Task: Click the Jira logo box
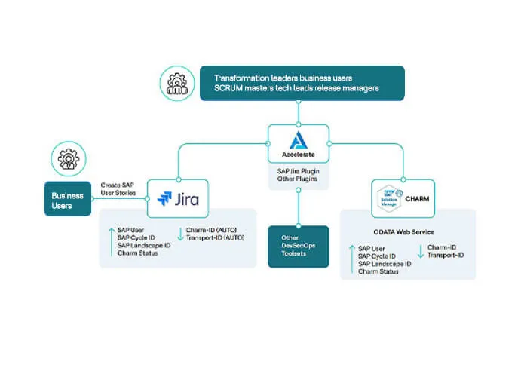click(x=178, y=198)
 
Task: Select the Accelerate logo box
click(x=299, y=142)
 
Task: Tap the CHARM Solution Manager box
click(x=403, y=199)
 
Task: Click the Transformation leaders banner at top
click(x=302, y=83)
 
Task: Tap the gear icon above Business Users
click(x=68, y=160)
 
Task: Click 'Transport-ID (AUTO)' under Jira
click(x=215, y=237)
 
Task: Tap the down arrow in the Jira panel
click(x=180, y=234)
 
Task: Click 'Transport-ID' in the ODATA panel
click(x=446, y=256)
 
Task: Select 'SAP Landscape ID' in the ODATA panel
click(x=385, y=264)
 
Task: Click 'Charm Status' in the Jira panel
click(x=138, y=253)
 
